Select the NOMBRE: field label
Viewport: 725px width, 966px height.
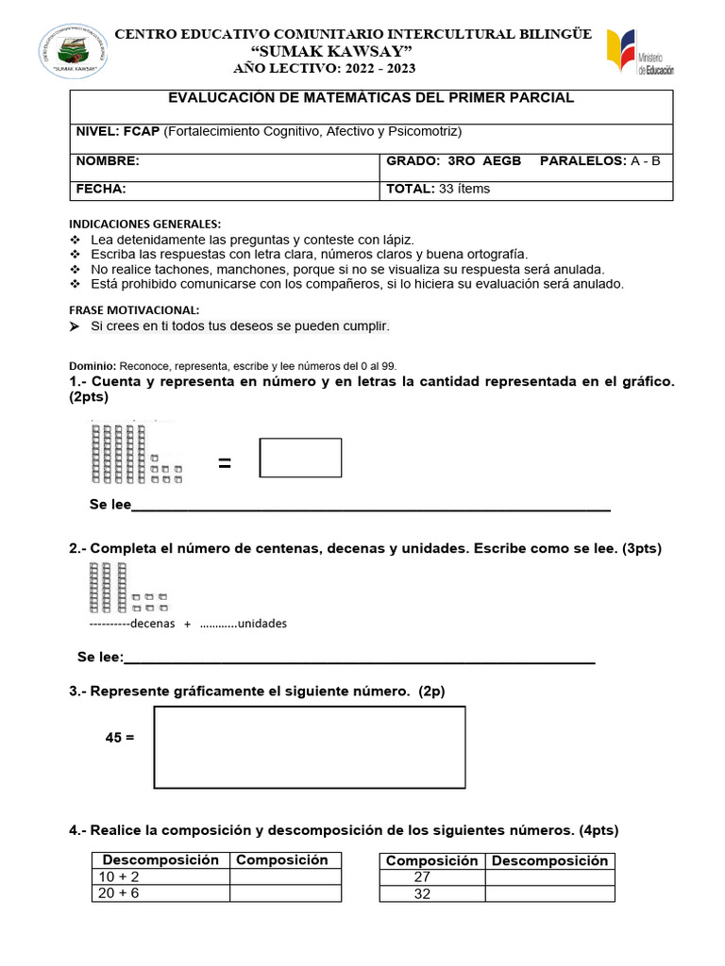(x=107, y=161)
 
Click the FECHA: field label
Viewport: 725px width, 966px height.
(x=100, y=189)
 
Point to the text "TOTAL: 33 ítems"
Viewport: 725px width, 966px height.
(x=438, y=189)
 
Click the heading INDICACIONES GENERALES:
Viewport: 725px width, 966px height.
(x=144, y=225)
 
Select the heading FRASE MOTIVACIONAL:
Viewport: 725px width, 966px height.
(x=135, y=310)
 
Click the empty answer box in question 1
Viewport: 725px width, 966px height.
(x=300, y=458)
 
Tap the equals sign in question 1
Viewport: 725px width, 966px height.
(x=225, y=462)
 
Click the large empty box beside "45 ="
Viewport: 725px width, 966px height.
(x=310, y=746)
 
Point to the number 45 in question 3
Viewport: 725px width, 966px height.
(x=113, y=737)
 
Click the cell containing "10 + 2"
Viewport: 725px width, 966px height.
(x=160, y=876)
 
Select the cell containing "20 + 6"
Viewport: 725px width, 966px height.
(x=160, y=892)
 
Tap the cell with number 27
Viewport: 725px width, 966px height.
(x=432, y=877)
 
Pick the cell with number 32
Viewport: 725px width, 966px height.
(x=432, y=893)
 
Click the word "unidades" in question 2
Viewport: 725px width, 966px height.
(x=261, y=624)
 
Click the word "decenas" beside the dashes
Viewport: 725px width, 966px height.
(x=153, y=624)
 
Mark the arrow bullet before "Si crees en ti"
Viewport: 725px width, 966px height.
(x=76, y=326)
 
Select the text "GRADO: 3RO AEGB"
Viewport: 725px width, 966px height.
(x=453, y=161)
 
